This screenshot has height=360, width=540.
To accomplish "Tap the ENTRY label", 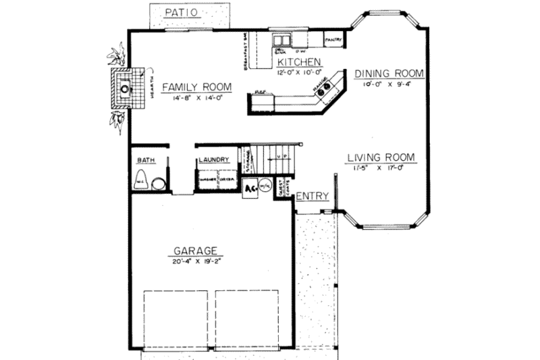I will coord(313,197).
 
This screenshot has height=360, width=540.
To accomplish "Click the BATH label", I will coord(146,161).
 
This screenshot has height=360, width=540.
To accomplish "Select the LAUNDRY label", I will coord(215,160).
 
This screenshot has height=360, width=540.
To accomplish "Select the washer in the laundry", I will coord(207,180).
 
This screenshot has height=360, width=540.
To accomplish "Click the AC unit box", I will coord(250,186).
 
